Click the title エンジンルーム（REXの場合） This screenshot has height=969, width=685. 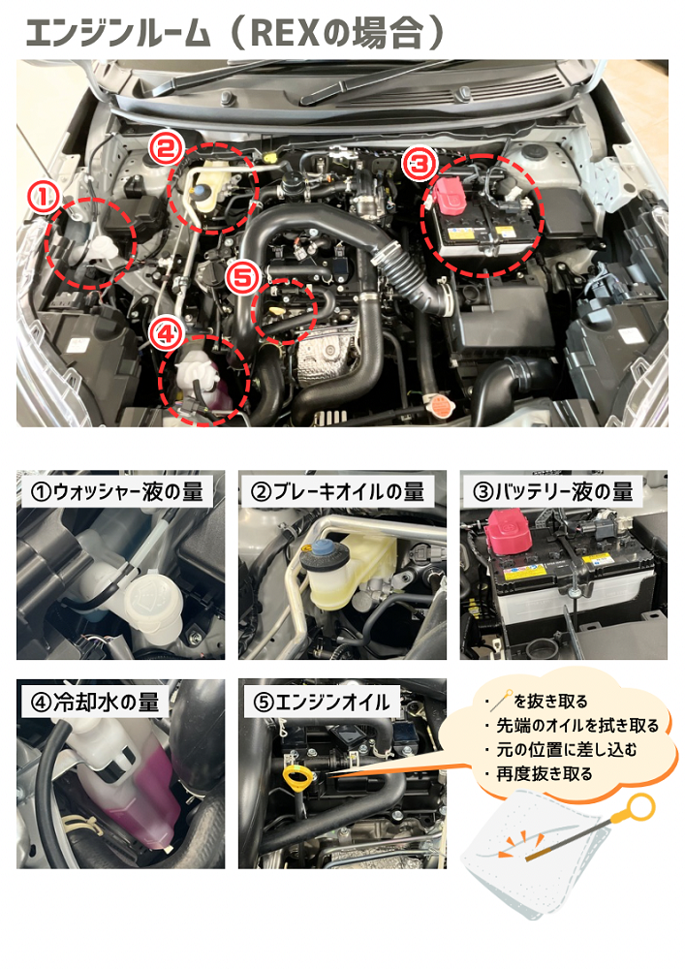[x=234, y=33]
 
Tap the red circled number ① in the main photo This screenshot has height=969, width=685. [x=43, y=198]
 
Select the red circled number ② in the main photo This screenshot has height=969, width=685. [x=166, y=149]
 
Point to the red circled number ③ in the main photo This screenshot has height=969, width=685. [x=420, y=165]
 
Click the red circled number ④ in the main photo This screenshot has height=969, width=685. [x=166, y=334]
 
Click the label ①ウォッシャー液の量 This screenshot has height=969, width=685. [x=117, y=492]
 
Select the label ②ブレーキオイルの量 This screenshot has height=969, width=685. [x=338, y=492]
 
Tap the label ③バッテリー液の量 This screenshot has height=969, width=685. [x=553, y=492]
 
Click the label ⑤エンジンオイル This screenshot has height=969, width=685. [x=322, y=702]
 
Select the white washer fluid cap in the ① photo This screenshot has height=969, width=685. [x=151, y=598]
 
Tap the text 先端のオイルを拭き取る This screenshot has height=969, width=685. [x=578, y=726]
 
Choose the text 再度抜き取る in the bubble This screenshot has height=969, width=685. [x=545, y=773]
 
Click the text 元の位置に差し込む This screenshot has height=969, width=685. [x=567, y=750]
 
